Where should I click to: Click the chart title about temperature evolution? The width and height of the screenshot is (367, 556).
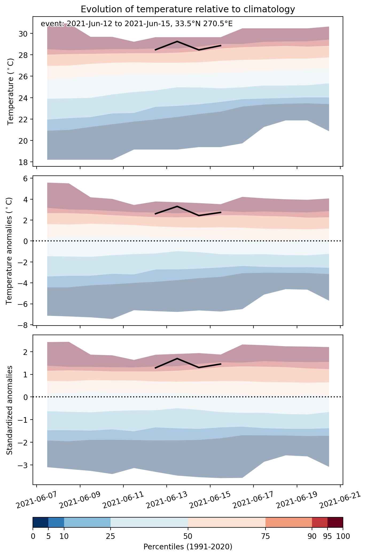[x=188, y=9]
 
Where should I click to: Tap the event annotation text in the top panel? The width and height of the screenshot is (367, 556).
[x=136, y=24]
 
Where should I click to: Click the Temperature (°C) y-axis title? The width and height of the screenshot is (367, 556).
[x=11, y=92]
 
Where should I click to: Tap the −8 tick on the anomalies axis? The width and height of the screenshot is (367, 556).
[x=25, y=325]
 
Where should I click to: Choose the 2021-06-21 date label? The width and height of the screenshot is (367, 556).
[x=340, y=500]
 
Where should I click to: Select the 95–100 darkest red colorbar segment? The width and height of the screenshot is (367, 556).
[x=335, y=522]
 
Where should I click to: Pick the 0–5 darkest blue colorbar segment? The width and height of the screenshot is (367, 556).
[x=41, y=522]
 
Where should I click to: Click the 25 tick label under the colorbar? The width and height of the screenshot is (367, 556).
[x=110, y=536]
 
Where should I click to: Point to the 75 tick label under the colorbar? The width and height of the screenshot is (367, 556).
[x=266, y=536]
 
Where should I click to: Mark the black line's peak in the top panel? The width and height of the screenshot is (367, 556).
[x=177, y=41]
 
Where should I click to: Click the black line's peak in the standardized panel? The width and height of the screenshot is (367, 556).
[x=177, y=358]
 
